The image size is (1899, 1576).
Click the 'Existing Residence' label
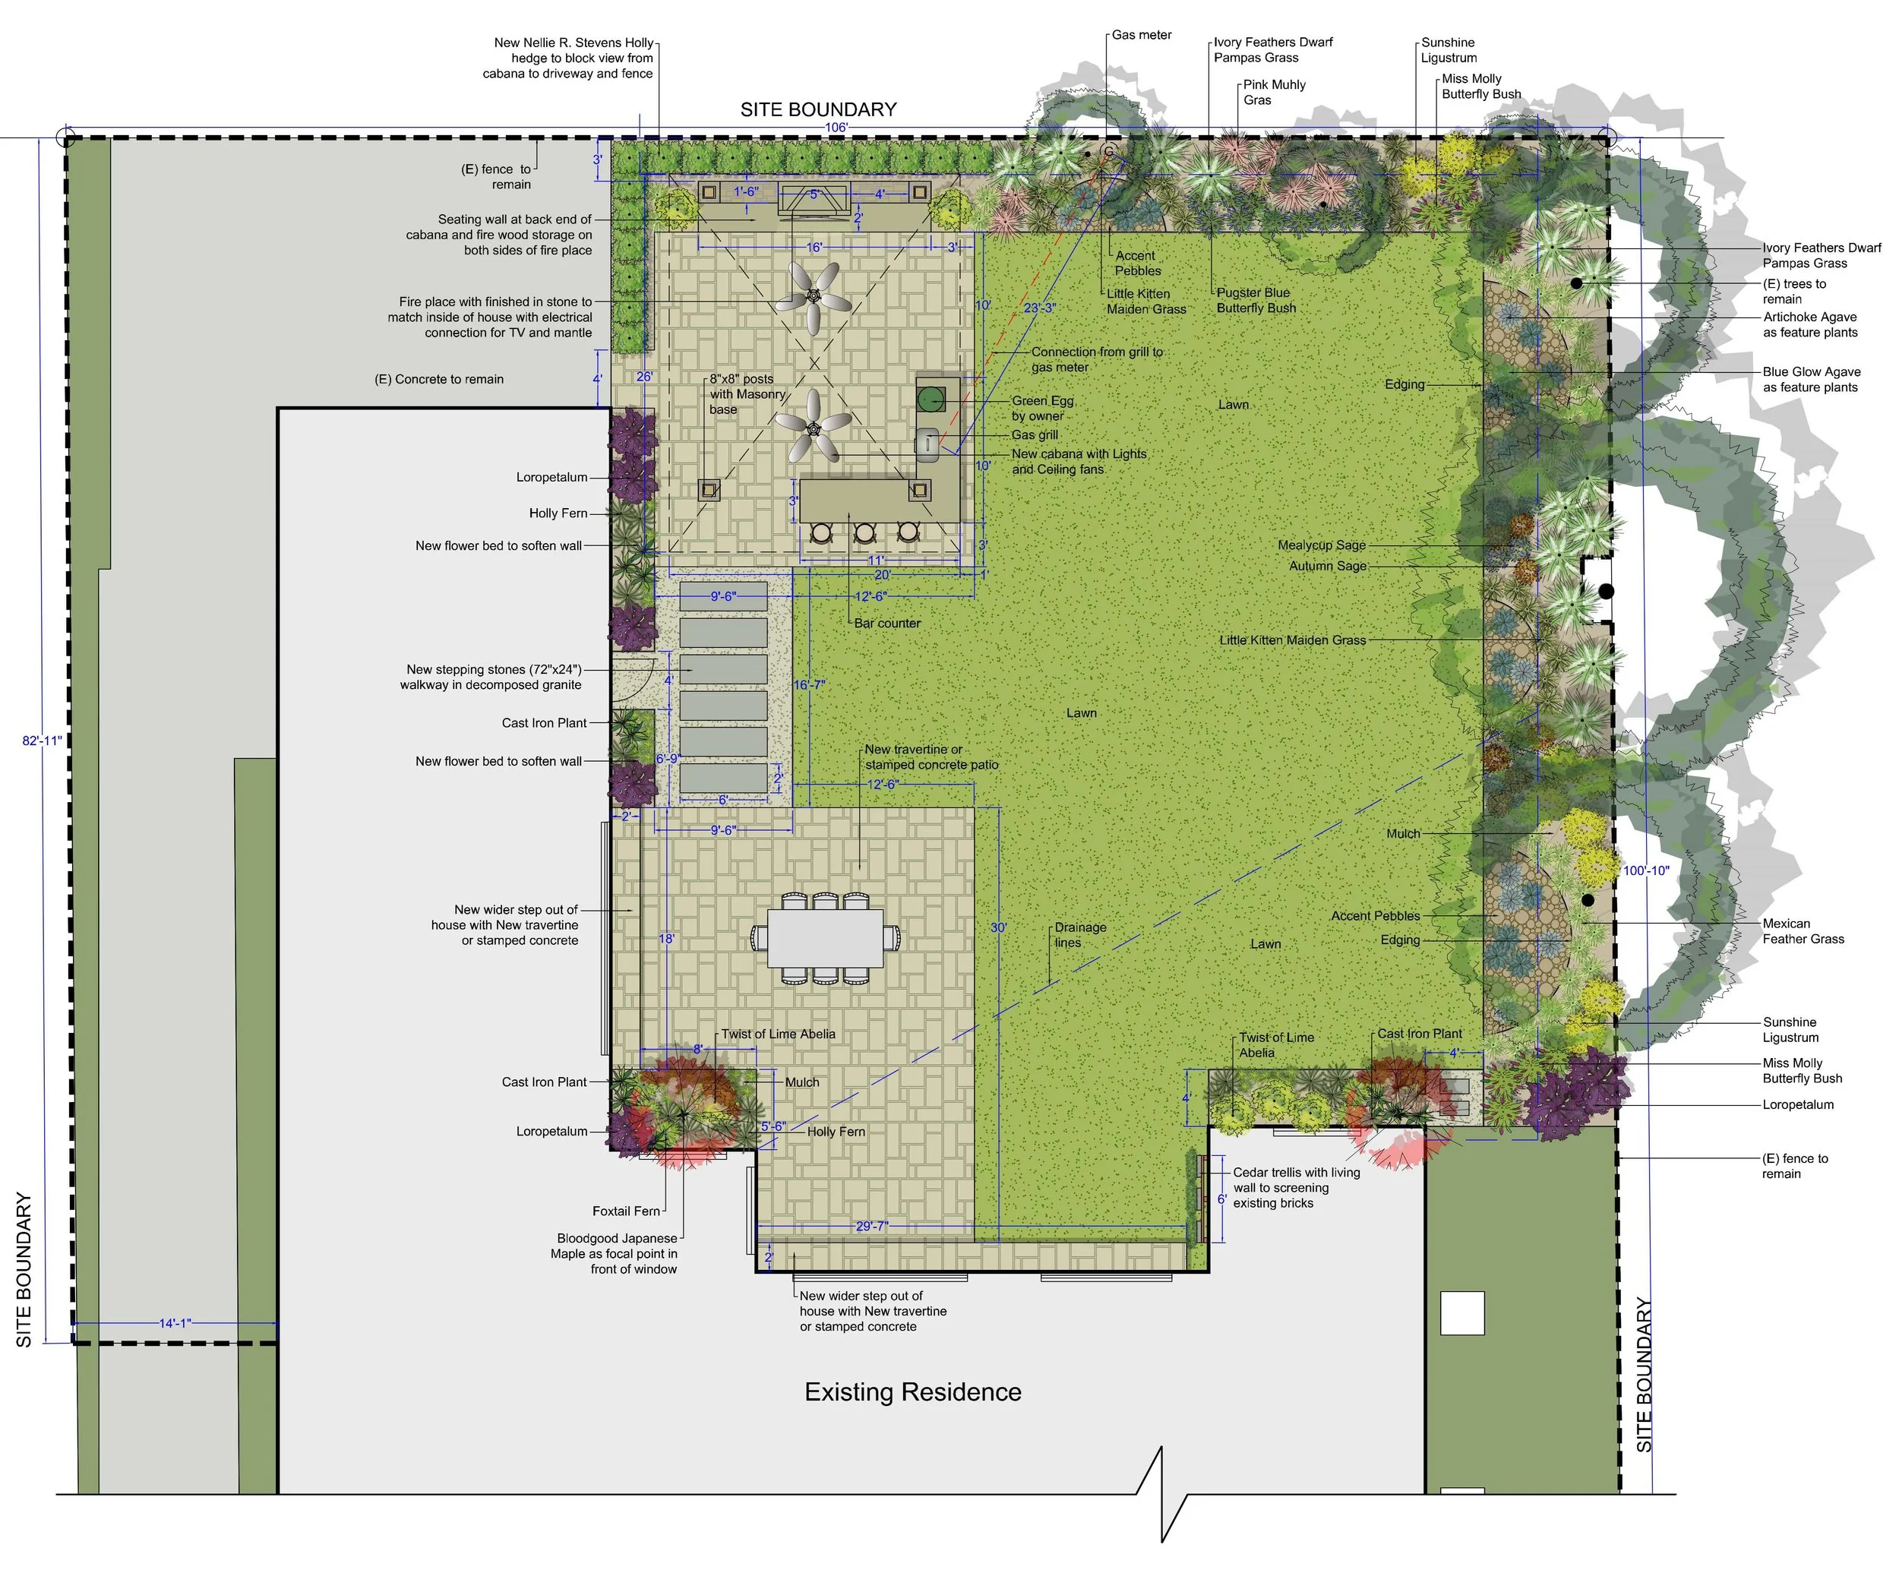click(x=912, y=1391)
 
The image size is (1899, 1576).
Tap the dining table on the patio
click(x=825, y=938)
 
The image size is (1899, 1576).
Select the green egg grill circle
click(x=931, y=398)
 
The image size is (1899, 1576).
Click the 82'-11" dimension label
click(x=43, y=741)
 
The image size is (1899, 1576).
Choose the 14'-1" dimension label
click(x=175, y=1323)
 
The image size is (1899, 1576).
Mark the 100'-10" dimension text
click(x=1646, y=870)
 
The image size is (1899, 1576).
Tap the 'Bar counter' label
click(x=887, y=623)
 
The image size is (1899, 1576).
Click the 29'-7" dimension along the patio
click(x=872, y=1226)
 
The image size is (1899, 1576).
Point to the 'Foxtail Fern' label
click(x=626, y=1211)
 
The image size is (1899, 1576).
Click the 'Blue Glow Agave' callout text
click(x=1812, y=371)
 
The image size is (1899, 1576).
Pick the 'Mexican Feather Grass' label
click(x=1803, y=931)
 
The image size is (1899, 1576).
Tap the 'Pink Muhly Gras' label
click(x=1273, y=92)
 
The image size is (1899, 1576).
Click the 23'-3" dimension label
click(x=1039, y=308)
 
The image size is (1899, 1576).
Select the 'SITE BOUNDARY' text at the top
click(x=818, y=109)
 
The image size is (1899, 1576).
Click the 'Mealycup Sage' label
click(x=1321, y=545)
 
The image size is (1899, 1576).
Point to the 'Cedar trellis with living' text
click(x=1296, y=1173)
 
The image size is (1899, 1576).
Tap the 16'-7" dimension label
click(x=809, y=684)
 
